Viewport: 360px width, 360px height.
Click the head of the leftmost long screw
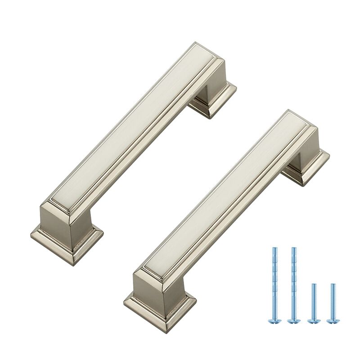pyautogui.click(x=274, y=321)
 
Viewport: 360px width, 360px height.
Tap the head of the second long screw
pyautogui.click(x=294, y=321)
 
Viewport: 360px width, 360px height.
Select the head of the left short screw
pyautogui.click(x=314, y=321)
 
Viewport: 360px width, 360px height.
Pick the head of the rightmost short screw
pyautogui.click(x=333, y=321)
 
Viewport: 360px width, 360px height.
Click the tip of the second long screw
pyautogui.click(x=294, y=248)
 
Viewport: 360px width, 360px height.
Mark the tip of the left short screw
pyautogui.click(x=314, y=284)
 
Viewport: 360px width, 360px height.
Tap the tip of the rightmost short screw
pyautogui.click(x=333, y=284)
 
